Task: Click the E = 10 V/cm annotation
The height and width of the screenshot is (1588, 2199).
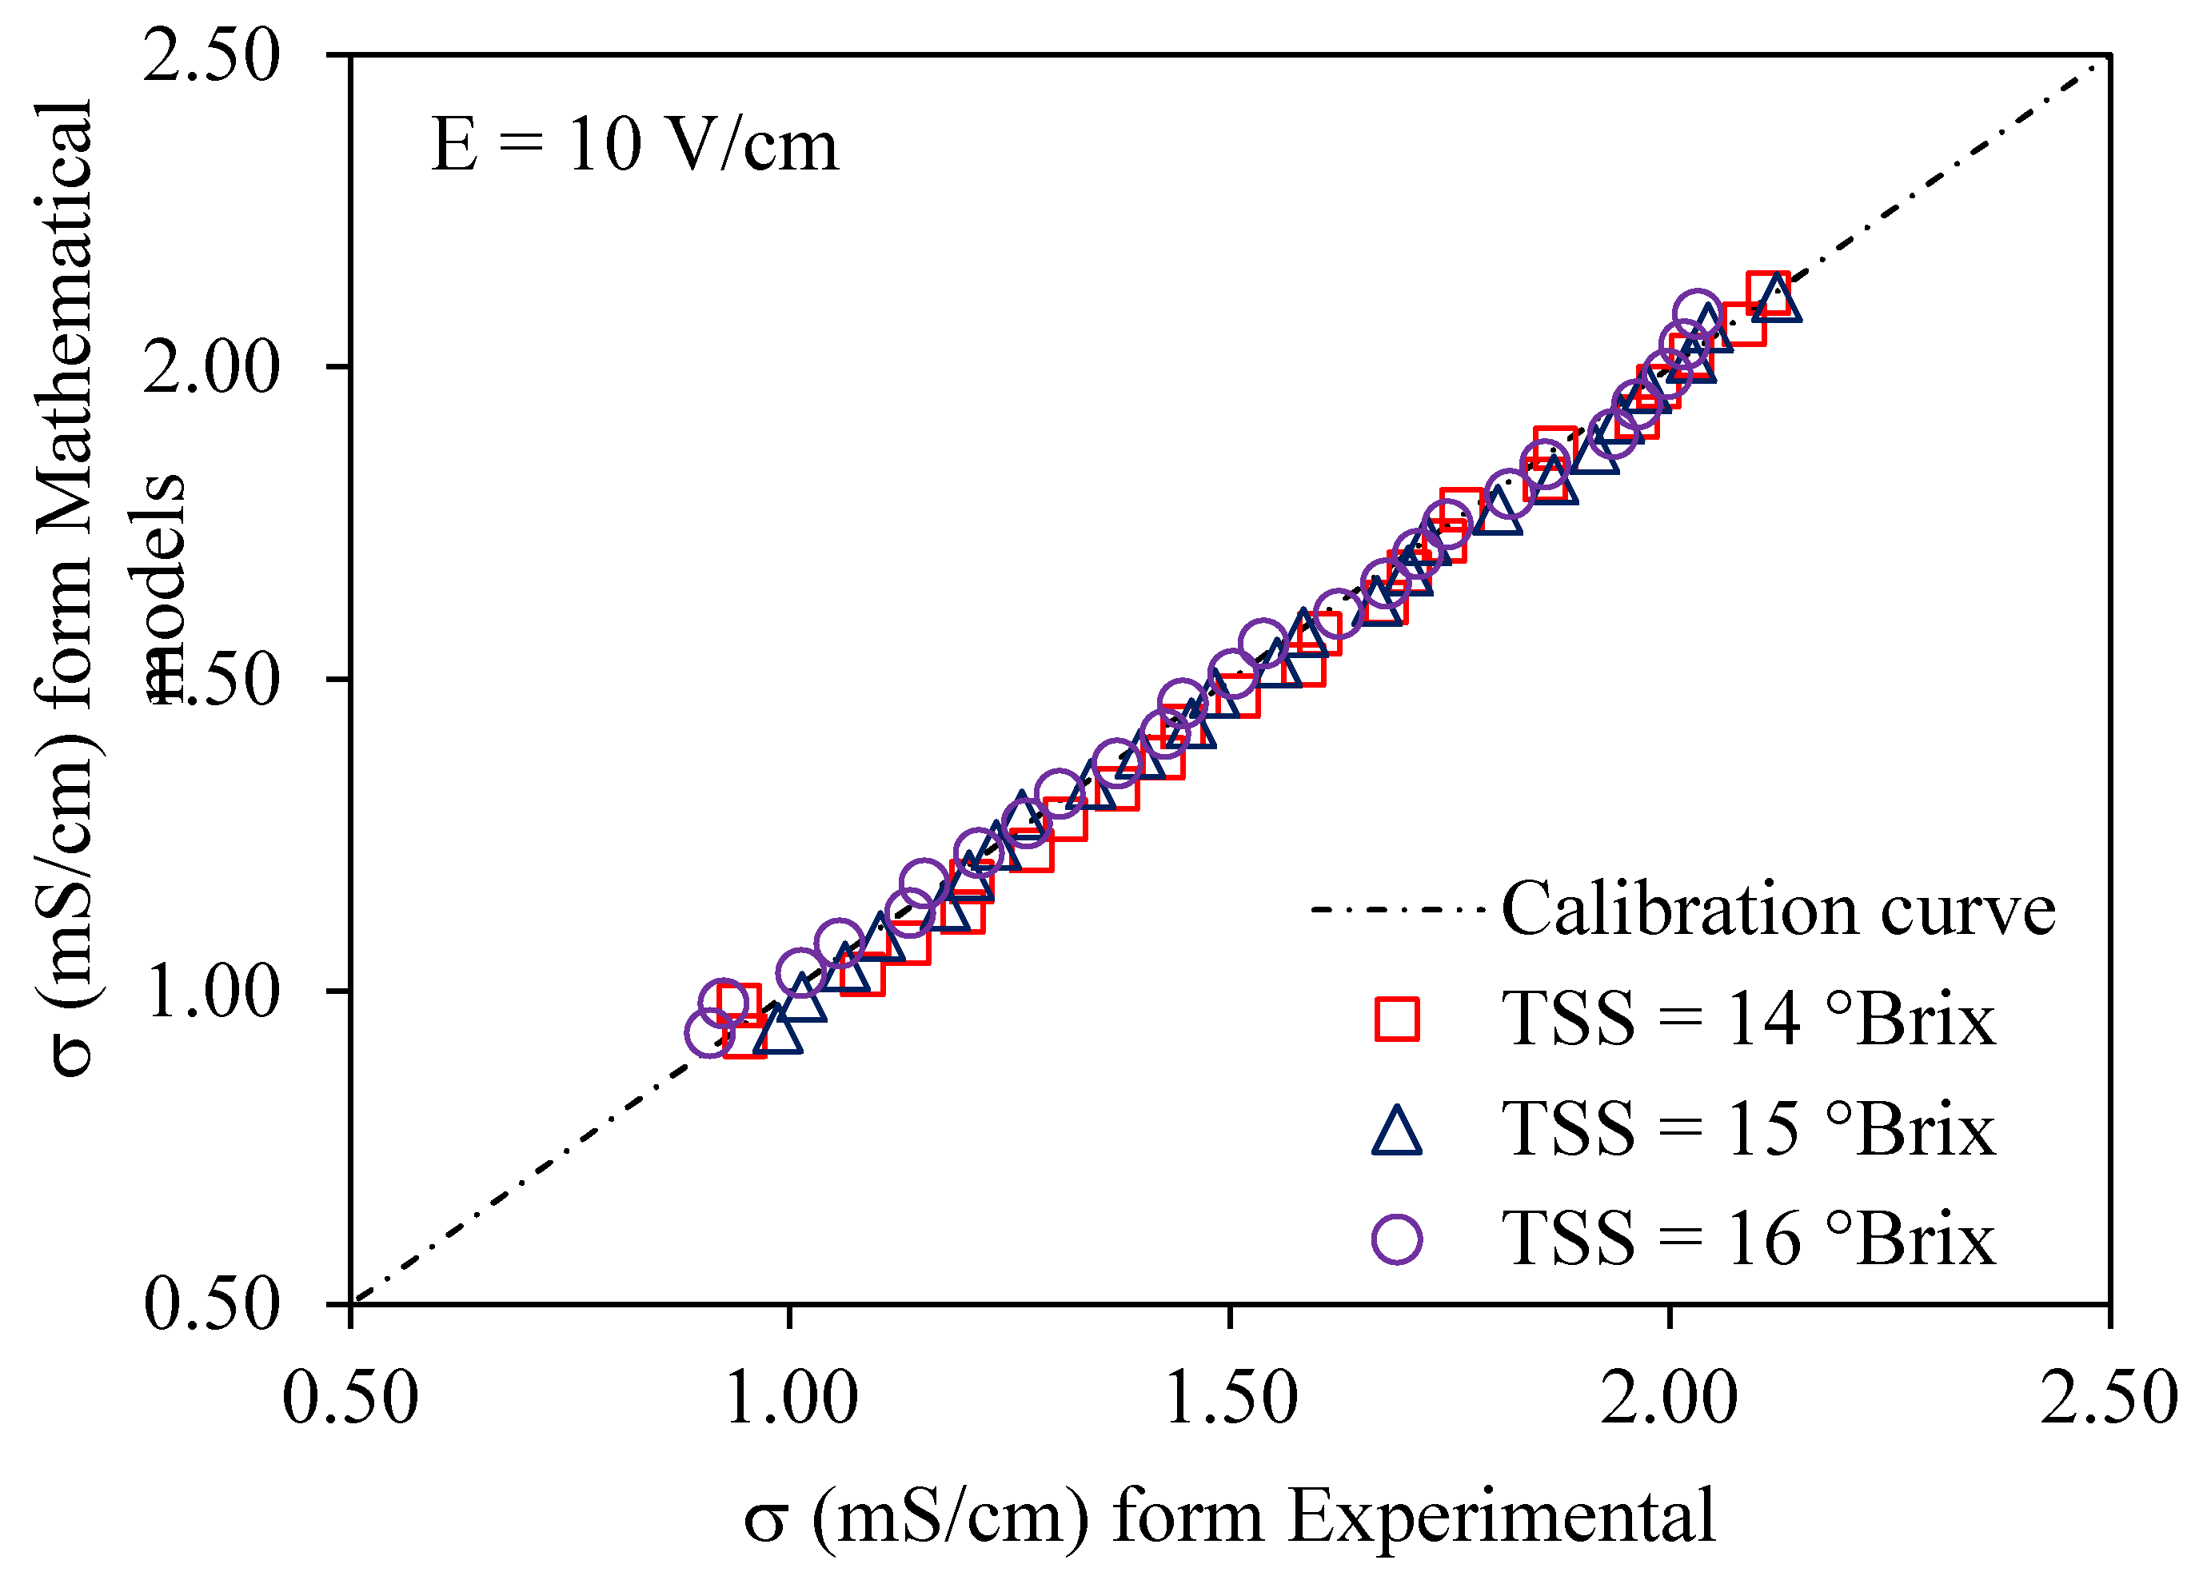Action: click(x=634, y=146)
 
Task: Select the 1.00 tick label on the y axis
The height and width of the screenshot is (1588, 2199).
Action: click(x=211, y=992)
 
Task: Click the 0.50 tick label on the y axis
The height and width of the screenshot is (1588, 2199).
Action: click(x=211, y=1304)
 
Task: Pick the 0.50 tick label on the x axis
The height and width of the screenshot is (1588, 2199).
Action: click(x=350, y=1399)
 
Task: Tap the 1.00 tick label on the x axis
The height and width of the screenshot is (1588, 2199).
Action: click(x=790, y=1399)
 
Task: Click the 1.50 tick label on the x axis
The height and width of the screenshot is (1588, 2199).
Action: click(x=1231, y=1399)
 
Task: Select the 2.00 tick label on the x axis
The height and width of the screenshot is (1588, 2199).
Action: click(x=1670, y=1399)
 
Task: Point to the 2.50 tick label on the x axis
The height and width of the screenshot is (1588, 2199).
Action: click(x=2109, y=1399)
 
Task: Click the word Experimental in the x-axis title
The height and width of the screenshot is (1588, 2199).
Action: click(x=1502, y=1516)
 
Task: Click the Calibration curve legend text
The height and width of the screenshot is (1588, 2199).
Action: click(x=1778, y=909)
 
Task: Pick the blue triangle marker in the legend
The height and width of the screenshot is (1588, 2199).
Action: click(x=1397, y=1131)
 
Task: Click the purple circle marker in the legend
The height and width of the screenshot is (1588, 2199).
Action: click(x=1397, y=1239)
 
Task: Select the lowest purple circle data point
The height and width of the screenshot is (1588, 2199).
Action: click(x=710, y=1033)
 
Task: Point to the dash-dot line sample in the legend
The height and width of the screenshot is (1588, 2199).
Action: click(x=1397, y=909)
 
